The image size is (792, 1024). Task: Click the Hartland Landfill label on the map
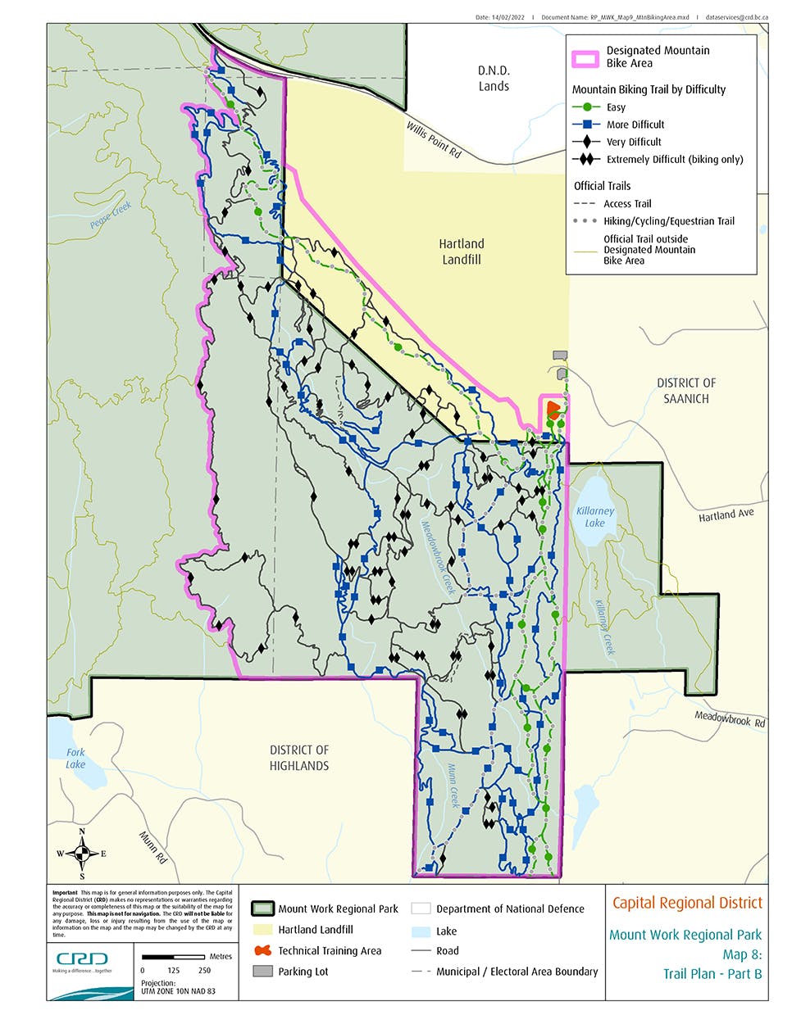[x=461, y=251]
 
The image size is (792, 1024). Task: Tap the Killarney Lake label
[x=594, y=516]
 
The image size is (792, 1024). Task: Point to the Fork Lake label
[x=75, y=758]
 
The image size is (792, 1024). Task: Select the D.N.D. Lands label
[x=494, y=78]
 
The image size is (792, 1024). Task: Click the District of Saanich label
[x=686, y=391]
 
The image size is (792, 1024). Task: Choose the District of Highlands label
[x=299, y=758]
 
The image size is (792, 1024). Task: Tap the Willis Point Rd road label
[x=434, y=139]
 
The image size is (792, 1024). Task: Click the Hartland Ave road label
[x=726, y=514]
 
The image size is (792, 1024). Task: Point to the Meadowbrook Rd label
[x=730, y=719]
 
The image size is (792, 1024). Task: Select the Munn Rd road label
[x=152, y=848]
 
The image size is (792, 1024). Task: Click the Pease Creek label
[x=111, y=215]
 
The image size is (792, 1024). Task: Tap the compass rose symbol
[x=82, y=854]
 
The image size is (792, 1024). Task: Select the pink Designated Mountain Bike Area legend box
[x=585, y=57]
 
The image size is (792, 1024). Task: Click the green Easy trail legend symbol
[x=586, y=107]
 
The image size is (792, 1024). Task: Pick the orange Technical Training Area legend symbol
[x=262, y=950]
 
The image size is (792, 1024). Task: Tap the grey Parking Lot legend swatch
[x=262, y=972]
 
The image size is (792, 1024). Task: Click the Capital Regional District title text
[x=687, y=903]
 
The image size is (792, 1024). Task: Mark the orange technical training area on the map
[x=553, y=409]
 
